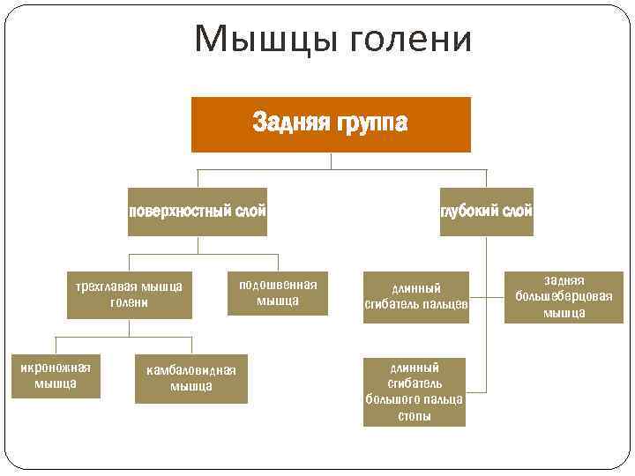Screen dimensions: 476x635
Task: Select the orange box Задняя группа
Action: [x=331, y=124]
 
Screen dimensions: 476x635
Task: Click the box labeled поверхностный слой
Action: [x=197, y=212]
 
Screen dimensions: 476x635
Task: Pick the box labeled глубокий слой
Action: [x=486, y=212]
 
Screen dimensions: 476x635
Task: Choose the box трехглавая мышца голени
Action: [x=129, y=294]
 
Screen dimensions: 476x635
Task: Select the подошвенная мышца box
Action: [x=278, y=292]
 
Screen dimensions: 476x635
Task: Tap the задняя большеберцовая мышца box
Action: [x=564, y=296]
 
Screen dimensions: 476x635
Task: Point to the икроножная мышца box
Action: [x=56, y=376]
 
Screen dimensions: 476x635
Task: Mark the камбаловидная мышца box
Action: [x=191, y=378]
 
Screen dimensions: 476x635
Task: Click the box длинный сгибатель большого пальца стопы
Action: [x=415, y=391]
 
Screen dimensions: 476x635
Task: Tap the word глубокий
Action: [x=469, y=212]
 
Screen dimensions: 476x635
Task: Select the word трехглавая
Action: [x=101, y=286]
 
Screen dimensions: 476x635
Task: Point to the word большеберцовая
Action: [x=564, y=296]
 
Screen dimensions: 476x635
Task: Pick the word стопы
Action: [x=415, y=416]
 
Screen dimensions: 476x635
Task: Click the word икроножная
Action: [x=56, y=368]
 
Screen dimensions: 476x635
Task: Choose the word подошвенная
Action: [x=278, y=284]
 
